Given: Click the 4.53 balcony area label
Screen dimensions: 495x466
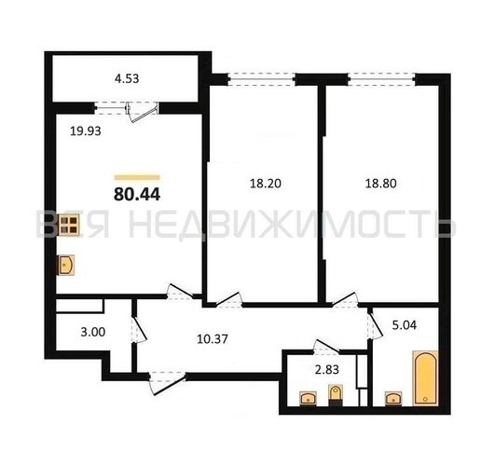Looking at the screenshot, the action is (x=127, y=78).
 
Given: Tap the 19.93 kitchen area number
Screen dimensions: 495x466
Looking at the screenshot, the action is (x=86, y=130).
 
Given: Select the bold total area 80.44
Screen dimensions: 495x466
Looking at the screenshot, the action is (x=137, y=194).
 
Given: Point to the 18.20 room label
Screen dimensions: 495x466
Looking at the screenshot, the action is (x=266, y=184).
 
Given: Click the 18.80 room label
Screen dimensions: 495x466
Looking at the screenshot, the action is (x=381, y=184).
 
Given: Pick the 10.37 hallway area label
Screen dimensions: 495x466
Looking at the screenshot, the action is (x=213, y=339).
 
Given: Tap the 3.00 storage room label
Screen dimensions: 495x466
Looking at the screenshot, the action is (x=93, y=332).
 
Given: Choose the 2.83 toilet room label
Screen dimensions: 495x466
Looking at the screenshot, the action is (x=327, y=369).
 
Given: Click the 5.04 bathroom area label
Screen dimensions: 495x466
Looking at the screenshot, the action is (x=405, y=325).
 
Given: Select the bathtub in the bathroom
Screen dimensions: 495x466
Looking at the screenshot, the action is (x=425, y=377).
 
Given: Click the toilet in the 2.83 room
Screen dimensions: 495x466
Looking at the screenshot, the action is (x=336, y=395).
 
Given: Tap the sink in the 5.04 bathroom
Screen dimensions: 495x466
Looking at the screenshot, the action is (x=393, y=399).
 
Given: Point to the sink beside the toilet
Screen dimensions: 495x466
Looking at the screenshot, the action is (x=309, y=399).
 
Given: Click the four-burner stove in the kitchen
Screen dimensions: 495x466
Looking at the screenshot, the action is (x=68, y=226).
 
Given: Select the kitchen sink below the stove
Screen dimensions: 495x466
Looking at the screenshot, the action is (x=65, y=265).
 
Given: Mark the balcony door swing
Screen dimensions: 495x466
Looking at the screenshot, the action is (x=142, y=112).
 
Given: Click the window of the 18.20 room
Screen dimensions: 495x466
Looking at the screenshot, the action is (x=261, y=79).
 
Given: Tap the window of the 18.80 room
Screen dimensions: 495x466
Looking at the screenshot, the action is (x=381, y=79).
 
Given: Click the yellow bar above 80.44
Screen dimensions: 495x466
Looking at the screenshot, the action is (x=137, y=177).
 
